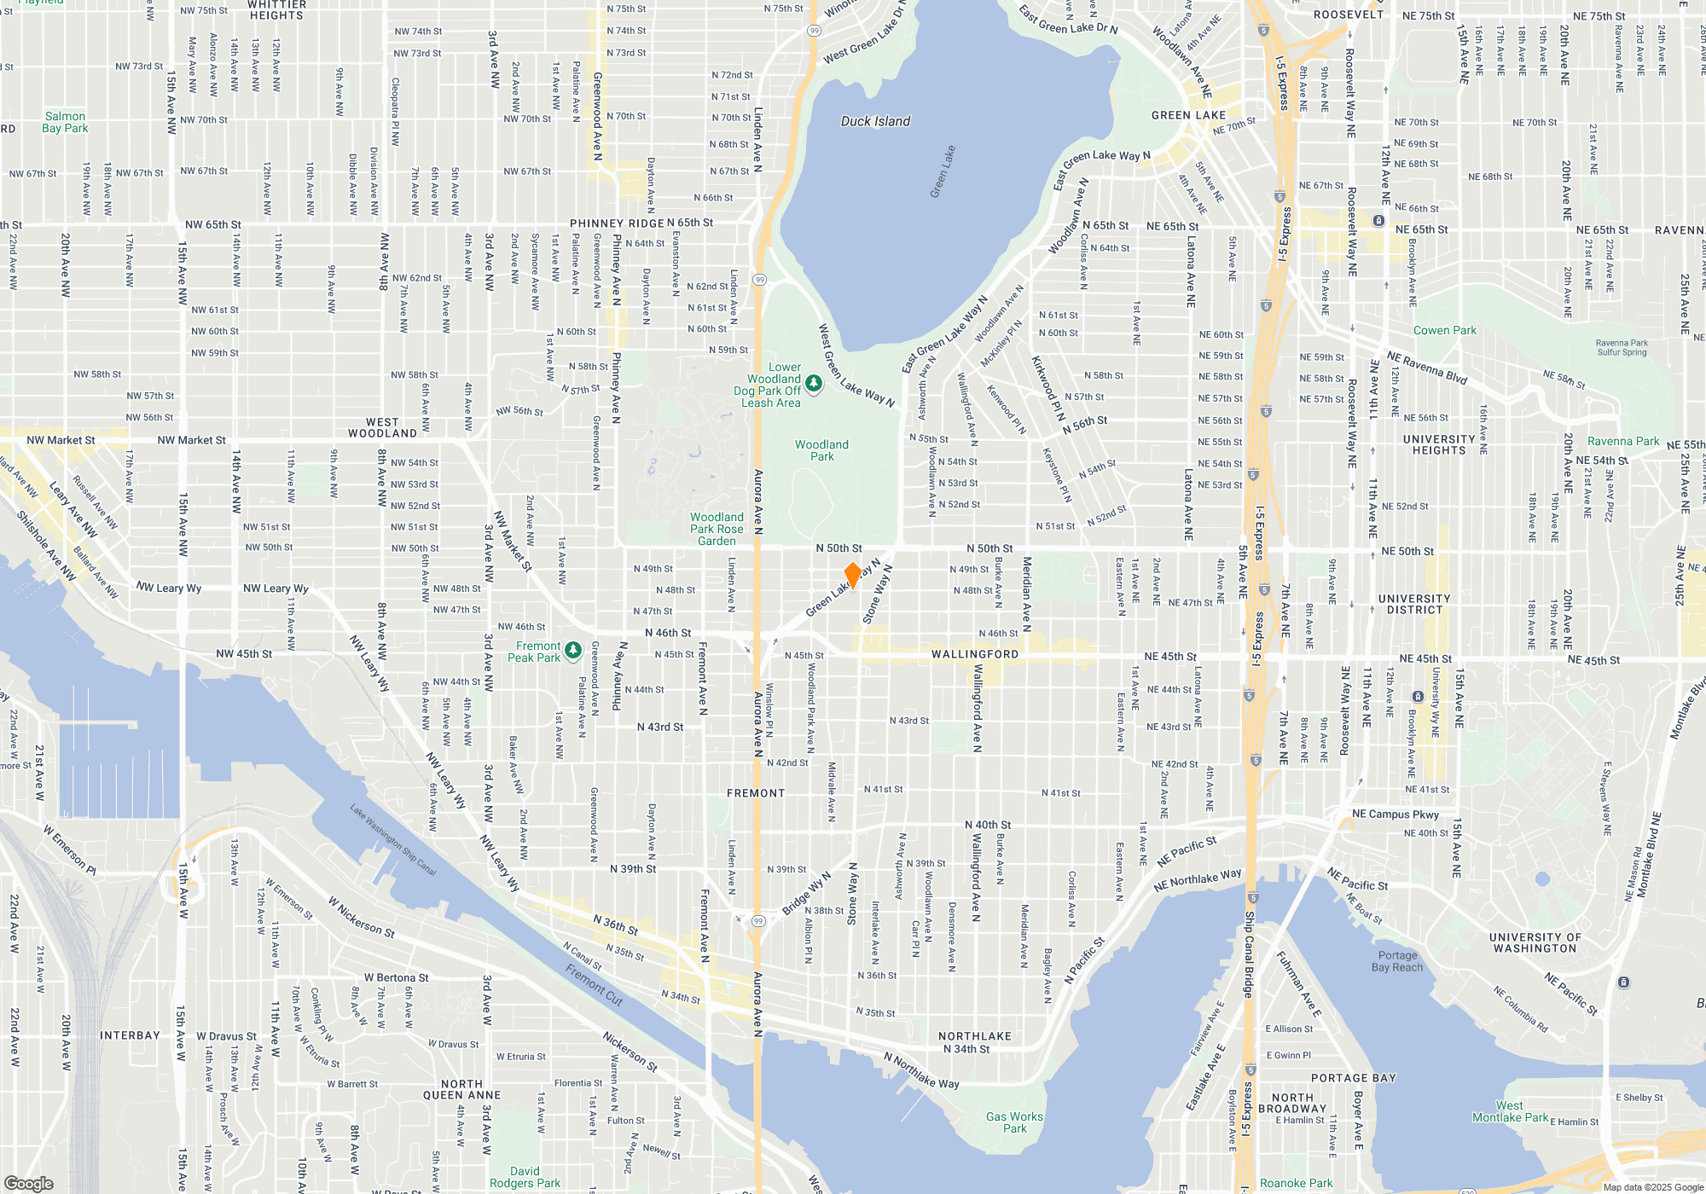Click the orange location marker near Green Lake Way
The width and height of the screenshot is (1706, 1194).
click(852, 575)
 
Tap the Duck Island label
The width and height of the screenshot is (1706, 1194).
click(875, 121)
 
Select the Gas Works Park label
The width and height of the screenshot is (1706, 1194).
click(1014, 1122)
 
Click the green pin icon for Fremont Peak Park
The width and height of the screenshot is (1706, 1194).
click(573, 651)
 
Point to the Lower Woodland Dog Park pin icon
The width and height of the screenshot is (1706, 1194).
click(814, 384)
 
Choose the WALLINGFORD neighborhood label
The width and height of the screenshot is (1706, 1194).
click(975, 654)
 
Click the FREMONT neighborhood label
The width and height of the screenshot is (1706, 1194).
click(756, 793)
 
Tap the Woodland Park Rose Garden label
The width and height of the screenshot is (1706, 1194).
click(717, 529)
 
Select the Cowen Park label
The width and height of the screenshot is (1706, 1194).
click(1444, 330)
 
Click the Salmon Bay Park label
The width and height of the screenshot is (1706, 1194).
click(65, 122)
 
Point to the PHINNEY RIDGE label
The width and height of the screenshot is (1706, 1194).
click(617, 223)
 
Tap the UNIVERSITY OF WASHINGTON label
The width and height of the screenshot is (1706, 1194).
click(1535, 942)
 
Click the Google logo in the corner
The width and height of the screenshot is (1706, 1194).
click(29, 1183)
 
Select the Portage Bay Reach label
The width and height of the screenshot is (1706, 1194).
click(1397, 961)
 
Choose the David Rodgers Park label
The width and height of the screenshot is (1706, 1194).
click(525, 1177)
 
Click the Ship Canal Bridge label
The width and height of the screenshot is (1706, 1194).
click(1249, 953)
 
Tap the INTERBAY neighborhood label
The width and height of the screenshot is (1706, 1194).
click(130, 1035)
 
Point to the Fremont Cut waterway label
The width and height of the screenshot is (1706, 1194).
click(594, 984)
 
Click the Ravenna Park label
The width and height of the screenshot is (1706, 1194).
click(1622, 441)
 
